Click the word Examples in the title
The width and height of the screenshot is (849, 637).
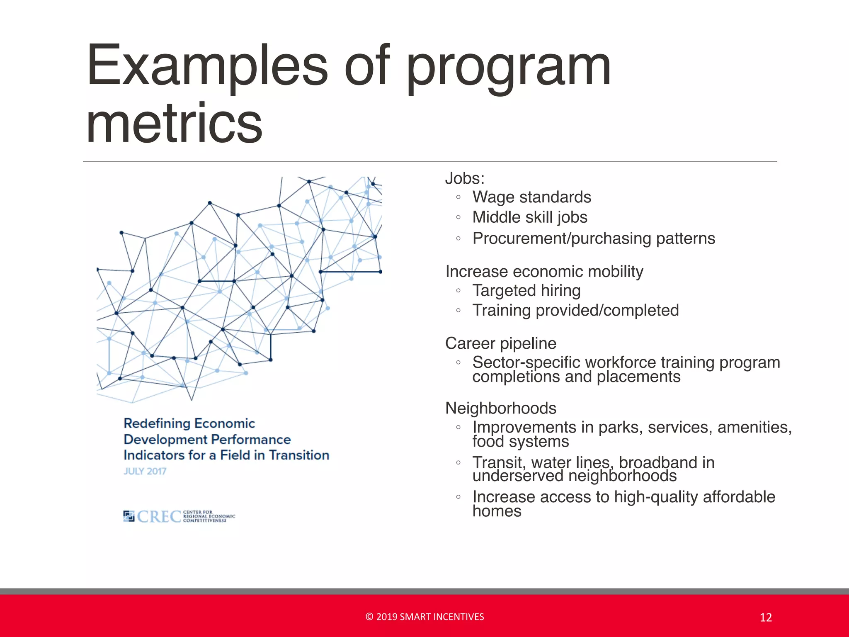tap(207, 66)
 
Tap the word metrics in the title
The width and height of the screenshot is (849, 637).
tap(174, 123)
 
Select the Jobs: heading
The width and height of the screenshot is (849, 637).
tap(465, 178)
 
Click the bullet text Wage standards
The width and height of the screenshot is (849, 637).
tap(531, 197)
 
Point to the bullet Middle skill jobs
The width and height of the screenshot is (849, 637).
tap(530, 217)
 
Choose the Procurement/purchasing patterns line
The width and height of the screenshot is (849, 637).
tap(594, 238)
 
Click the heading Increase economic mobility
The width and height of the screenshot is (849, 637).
tap(544, 272)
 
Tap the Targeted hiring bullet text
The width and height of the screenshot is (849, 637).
tap(526, 291)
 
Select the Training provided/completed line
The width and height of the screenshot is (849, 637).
tap(575, 311)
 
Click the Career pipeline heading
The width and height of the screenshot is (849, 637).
tap(500, 343)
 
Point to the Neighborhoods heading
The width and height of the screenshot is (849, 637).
tap(500, 408)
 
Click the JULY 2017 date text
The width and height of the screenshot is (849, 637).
tap(145, 471)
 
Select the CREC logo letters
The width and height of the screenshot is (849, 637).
tap(159, 517)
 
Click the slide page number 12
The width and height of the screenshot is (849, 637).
tap(765, 618)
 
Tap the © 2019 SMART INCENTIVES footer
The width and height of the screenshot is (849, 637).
tap(424, 617)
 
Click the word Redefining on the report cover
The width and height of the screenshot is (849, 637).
tap(156, 423)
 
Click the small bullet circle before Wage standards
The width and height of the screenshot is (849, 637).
tap(458, 197)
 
